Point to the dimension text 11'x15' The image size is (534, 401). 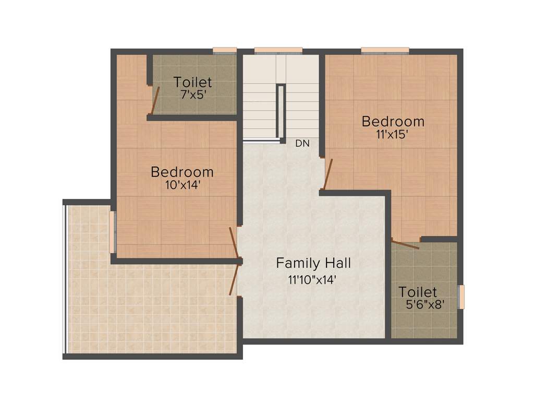coord(393,134)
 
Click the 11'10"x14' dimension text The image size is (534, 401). coord(313,279)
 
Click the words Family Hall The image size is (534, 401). coord(313,263)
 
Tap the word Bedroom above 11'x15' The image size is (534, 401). coord(393,121)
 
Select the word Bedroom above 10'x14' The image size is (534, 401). coord(182,172)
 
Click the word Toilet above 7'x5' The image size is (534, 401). coord(193,82)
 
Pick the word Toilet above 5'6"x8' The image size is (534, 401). coord(418,291)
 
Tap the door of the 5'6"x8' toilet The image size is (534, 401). coord(406,244)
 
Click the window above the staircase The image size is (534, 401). coord(278,51)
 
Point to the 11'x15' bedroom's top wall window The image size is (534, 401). coord(385,51)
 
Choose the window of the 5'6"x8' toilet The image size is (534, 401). coord(460,297)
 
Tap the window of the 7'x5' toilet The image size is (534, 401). coord(225,51)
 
